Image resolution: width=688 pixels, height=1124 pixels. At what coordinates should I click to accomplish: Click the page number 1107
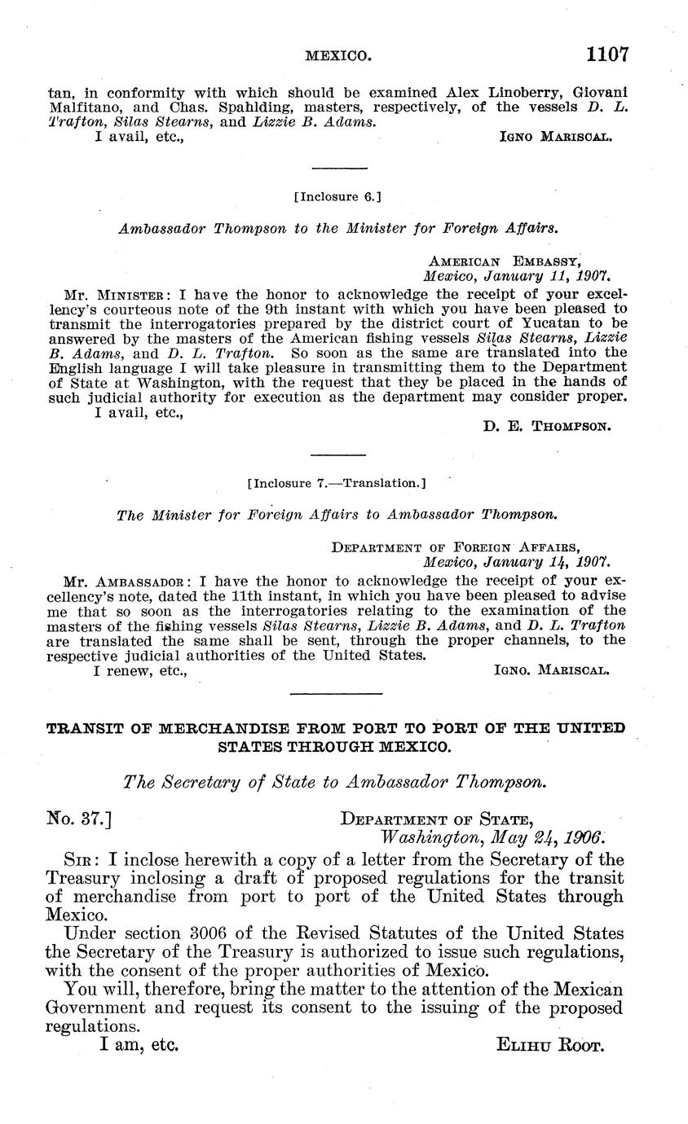[606, 55]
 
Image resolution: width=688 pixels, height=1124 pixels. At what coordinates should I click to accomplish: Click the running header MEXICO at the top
[338, 56]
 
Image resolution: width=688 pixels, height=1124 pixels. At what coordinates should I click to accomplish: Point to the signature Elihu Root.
[550, 1045]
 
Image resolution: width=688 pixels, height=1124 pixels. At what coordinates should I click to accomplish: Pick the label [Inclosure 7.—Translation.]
[336, 483]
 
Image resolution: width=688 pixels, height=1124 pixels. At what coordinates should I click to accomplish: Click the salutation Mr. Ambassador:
[127, 582]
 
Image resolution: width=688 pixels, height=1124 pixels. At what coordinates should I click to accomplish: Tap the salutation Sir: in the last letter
[81, 861]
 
